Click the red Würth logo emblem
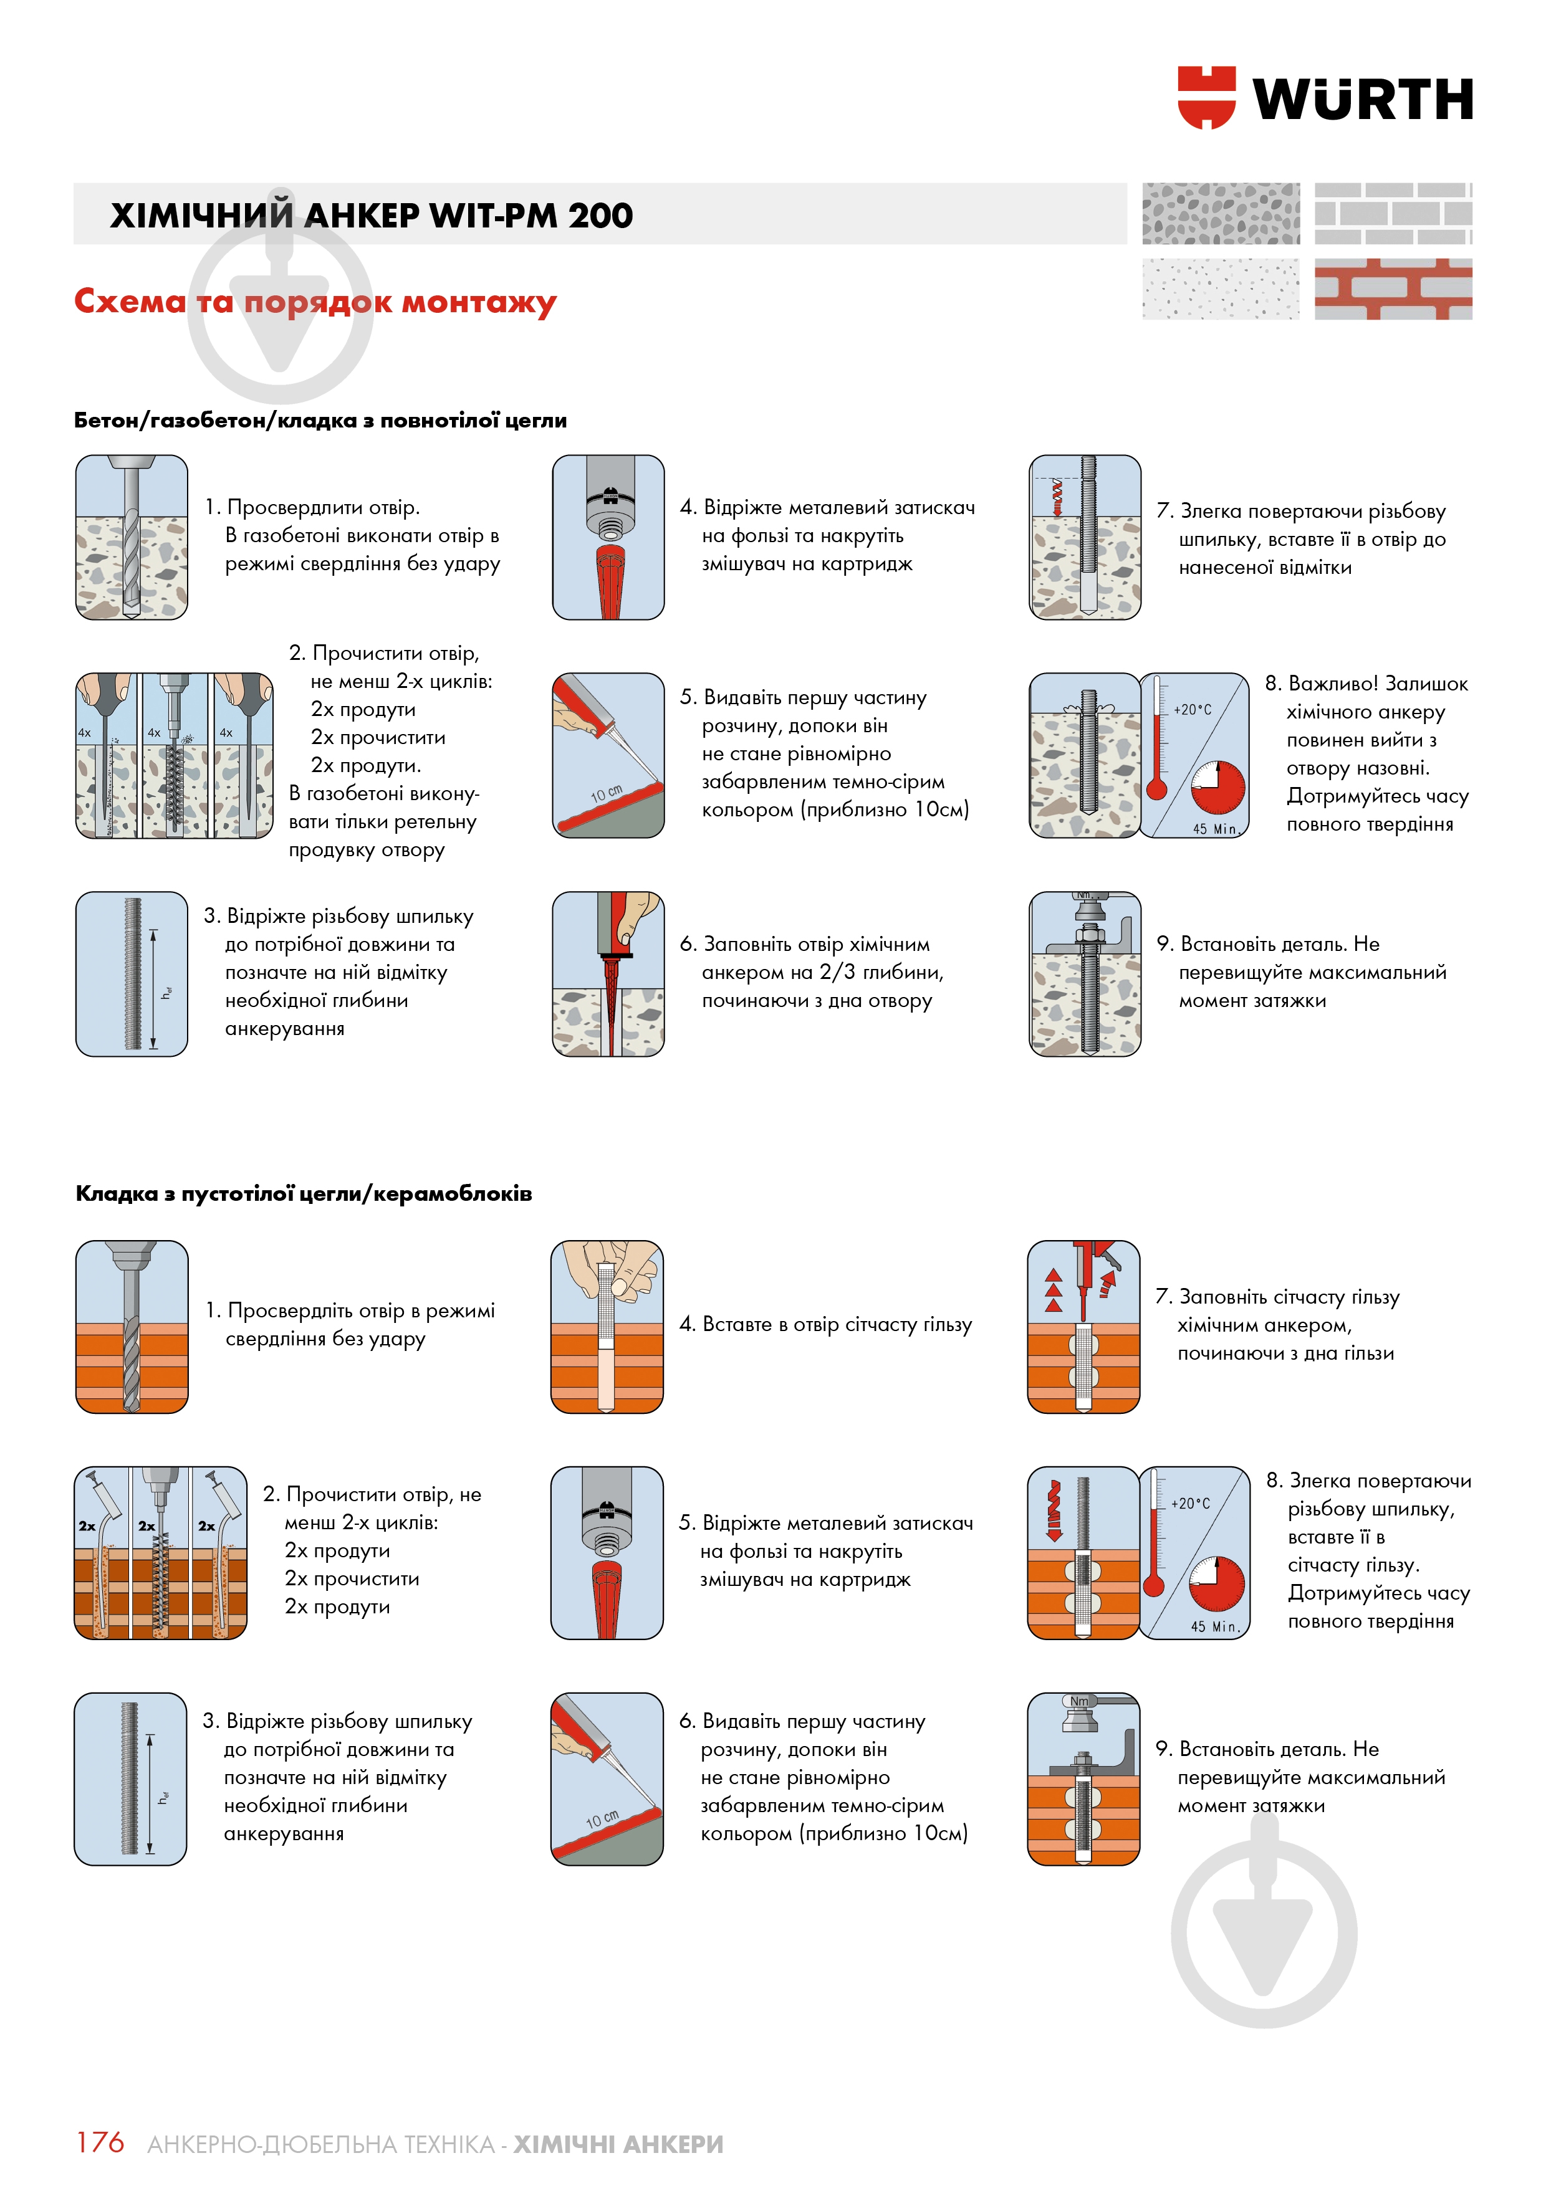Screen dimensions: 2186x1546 (1206, 97)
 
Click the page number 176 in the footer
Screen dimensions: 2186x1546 (100, 2142)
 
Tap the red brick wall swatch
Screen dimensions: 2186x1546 (1393, 289)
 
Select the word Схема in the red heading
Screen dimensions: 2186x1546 (130, 301)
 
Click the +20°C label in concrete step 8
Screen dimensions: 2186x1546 (1193, 709)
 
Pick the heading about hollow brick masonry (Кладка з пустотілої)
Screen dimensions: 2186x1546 (303, 1193)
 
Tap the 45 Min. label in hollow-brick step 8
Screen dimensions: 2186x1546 (1214, 1626)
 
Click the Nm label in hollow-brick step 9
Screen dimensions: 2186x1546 (1078, 1701)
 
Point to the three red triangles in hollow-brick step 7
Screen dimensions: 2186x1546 (1054, 1290)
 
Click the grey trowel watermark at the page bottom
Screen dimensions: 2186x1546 (1263, 1933)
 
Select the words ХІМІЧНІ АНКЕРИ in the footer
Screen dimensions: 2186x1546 (618, 2144)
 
